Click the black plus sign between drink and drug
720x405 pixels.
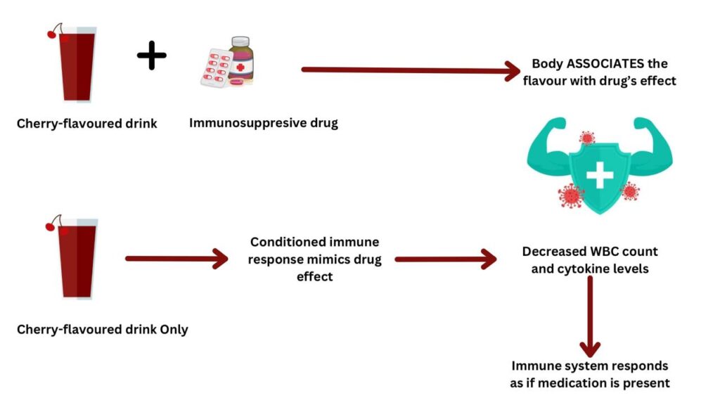tap(152, 56)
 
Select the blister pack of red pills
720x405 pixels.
tap(216, 68)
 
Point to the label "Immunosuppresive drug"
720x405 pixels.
tap(264, 123)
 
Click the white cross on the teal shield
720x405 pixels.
tap(600, 174)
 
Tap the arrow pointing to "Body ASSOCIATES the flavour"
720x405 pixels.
tap(411, 70)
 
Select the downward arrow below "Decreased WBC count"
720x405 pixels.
tap(590, 317)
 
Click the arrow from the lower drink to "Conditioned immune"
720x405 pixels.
tap(176, 259)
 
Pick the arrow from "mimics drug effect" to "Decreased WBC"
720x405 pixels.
tap(446, 259)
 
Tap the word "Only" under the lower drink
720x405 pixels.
tap(174, 330)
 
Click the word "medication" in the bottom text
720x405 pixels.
tap(575, 383)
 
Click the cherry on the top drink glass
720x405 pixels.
tap(52, 34)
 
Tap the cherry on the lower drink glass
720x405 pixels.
tap(51, 226)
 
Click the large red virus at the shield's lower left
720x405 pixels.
tap(570, 195)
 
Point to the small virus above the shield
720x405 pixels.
tap(587, 137)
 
